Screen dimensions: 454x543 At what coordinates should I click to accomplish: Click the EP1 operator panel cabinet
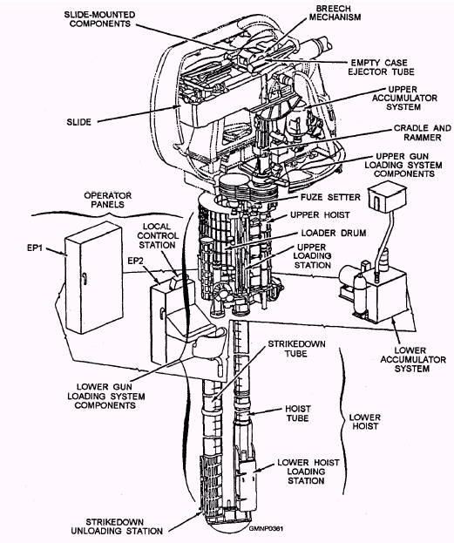pos(94,278)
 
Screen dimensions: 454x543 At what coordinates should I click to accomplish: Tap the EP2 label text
pos(135,261)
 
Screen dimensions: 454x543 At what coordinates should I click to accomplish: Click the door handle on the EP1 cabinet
pos(85,278)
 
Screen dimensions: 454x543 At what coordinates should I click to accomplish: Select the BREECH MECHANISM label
pos(335,12)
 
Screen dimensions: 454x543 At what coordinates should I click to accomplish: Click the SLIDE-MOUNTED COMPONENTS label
pos(99,19)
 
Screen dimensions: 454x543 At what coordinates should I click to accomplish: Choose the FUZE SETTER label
pos(330,197)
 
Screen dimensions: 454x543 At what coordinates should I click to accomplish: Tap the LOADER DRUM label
pos(334,233)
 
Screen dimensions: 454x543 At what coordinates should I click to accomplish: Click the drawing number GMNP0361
pos(266,528)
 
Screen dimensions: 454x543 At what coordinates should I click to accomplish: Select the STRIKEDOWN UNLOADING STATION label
pos(117,526)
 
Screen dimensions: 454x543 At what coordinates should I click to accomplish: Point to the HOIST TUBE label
pos(298,413)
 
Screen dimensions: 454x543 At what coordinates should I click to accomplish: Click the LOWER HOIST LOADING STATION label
pos(308,472)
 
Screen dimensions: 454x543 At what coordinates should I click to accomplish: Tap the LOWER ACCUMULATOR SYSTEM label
pos(413,359)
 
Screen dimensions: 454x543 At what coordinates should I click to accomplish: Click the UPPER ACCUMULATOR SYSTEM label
pos(404,98)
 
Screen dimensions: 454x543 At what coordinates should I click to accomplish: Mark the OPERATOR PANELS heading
pos(108,200)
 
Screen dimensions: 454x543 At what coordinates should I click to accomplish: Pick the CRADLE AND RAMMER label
pos(422,132)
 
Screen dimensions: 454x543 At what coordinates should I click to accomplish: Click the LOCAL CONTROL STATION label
pos(158,236)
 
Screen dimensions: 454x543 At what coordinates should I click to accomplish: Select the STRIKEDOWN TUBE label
pos(296,349)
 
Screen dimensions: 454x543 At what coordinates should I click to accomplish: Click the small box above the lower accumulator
pos(387,196)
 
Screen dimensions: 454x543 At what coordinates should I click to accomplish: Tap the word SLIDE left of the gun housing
pos(79,122)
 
